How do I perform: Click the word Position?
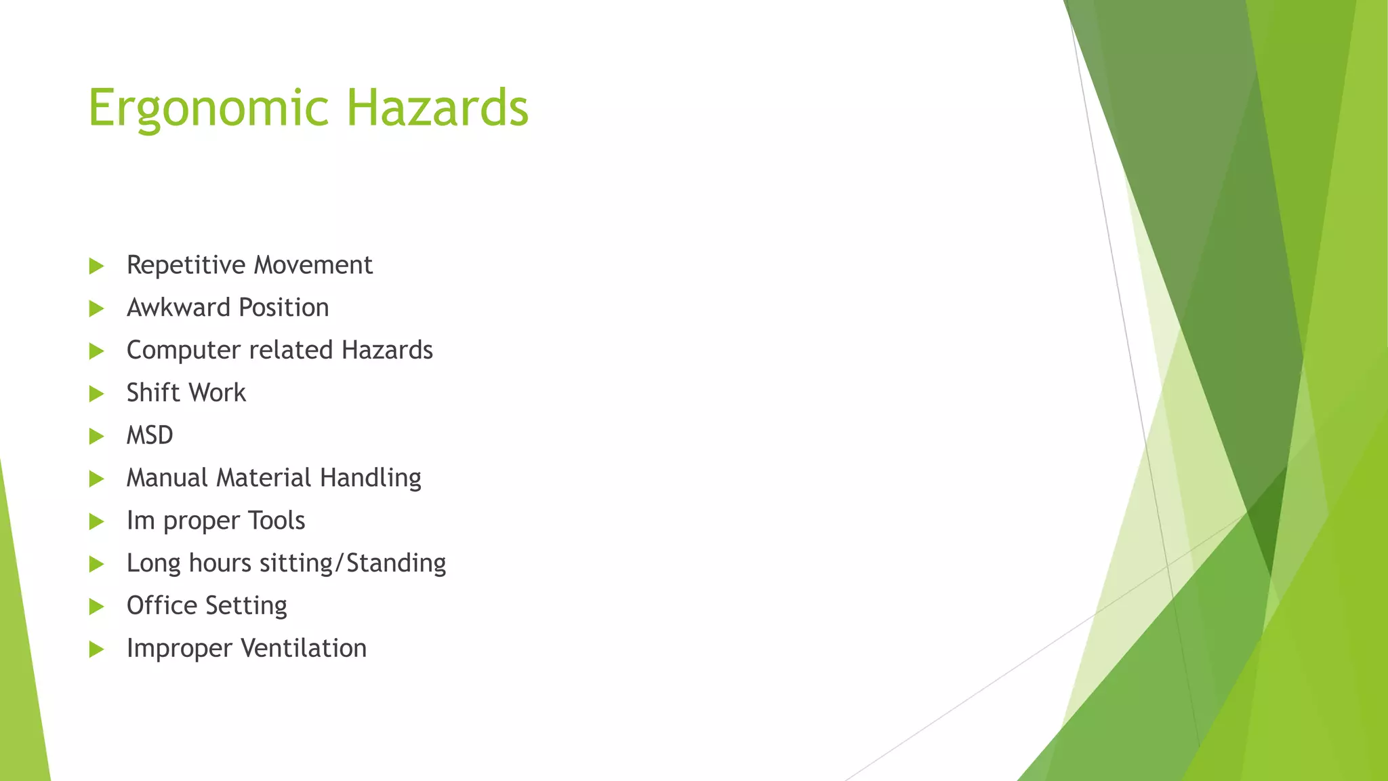(283, 308)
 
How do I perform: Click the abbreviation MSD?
(150, 435)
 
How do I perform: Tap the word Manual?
(167, 478)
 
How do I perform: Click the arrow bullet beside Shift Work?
(96, 394)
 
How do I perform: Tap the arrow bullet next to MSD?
(96, 437)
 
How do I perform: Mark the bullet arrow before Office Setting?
(96, 607)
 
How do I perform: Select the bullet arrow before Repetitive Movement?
(96, 266)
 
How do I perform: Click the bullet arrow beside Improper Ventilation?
(96, 649)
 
